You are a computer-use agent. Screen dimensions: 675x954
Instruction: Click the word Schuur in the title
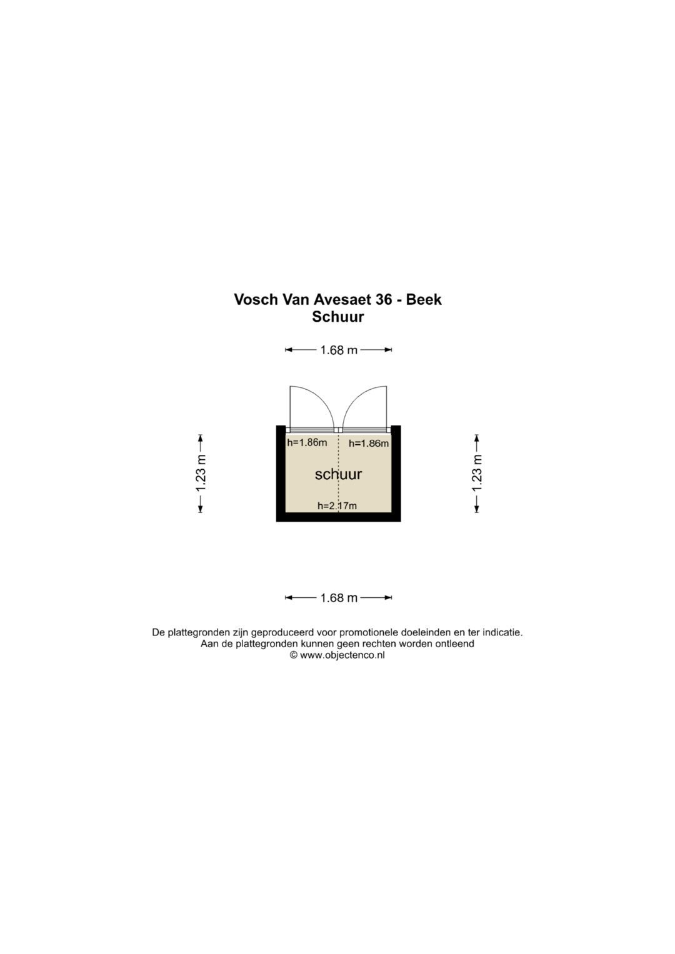(x=338, y=317)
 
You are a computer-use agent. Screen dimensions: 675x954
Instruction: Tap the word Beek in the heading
(x=424, y=299)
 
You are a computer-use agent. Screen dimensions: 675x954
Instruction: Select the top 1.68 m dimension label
(x=339, y=350)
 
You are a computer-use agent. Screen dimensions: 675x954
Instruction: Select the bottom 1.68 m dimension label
(x=339, y=598)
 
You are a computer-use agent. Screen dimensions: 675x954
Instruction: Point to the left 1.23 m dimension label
(x=201, y=473)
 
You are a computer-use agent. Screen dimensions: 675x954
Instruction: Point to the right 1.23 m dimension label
(x=477, y=473)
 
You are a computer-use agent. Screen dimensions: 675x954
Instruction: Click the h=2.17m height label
(x=337, y=506)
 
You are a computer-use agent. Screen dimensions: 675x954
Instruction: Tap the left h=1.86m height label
(x=307, y=442)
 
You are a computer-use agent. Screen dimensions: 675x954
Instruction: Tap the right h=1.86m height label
(x=369, y=444)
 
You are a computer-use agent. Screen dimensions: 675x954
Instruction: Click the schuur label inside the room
(x=338, y=474)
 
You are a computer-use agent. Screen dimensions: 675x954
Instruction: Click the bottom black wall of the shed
(x=338, y=517)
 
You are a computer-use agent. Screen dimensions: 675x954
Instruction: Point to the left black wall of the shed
(x=281, y=473)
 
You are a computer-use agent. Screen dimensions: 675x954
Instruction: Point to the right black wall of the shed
(x=396, y=473)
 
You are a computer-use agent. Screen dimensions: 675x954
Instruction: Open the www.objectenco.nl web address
(x=342, y=655)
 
